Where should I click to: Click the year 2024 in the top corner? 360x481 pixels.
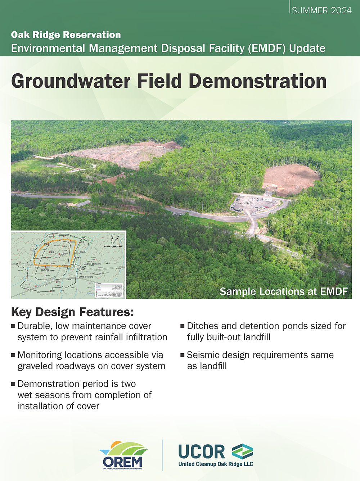341,10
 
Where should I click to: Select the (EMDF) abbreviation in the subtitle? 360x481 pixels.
267,48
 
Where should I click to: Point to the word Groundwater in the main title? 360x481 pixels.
71,81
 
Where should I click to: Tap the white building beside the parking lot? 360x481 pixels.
267,199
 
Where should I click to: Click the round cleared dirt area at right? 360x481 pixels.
291,179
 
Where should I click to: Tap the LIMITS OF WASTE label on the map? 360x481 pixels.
86,277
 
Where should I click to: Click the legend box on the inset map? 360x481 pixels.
109,290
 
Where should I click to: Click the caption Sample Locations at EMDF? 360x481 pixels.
284,291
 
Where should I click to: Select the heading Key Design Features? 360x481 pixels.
72,312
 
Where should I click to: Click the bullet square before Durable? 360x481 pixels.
13,326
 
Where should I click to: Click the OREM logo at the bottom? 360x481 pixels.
123,455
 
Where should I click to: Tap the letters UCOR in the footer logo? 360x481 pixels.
202,451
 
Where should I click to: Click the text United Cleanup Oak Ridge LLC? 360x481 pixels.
216,464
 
